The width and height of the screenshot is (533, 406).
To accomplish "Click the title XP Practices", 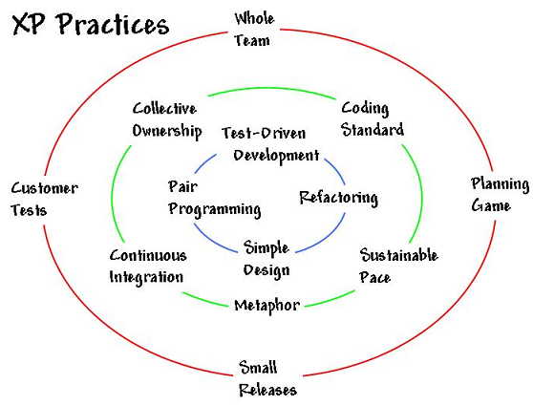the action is point(91,25).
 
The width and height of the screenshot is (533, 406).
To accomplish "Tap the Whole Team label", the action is point(254,30).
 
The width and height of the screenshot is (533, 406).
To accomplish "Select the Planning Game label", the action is point(500,195).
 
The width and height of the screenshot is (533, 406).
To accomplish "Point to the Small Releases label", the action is point(267,378).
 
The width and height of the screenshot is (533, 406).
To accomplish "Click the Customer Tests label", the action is point(45,200).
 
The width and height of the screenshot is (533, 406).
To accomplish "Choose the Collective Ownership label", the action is point(167,120).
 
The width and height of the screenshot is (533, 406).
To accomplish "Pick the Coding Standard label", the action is point(373,119).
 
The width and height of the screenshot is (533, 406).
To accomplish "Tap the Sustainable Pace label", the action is point(398,266).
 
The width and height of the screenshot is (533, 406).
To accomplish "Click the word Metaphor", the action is point(267,306).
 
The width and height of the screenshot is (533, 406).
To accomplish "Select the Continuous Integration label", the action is point(148,267).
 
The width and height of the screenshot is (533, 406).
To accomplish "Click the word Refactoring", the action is point(338,198).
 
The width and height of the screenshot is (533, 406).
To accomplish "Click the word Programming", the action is point(215,209).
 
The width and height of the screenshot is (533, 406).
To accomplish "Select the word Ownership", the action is point(167,131).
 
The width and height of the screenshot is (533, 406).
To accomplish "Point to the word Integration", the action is point(146,277).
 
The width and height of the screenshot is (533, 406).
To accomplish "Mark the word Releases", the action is point(267,390).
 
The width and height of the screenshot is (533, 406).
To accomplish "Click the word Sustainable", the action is point(398,255).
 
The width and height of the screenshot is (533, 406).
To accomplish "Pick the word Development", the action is point(276,156).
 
